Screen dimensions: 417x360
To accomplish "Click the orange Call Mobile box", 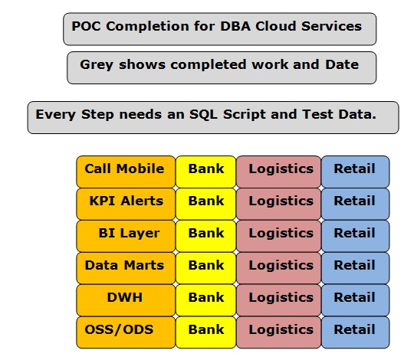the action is pyautogui.click(x=126, y=172).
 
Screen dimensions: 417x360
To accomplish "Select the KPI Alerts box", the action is pyautogui.click(x=126, y=204).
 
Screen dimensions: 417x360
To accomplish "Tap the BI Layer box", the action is pyautogui.click(x=126, y=236).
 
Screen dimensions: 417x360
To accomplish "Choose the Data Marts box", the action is pyautogui.click(x=126, y=268).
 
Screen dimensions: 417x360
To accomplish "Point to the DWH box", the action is pyautogui.click(x=126, y=300).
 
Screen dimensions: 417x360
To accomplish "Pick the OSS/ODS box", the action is pyautogui.click(x=126, y=332).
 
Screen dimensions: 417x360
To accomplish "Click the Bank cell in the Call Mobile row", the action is pyautogui.click(x=206, y=172).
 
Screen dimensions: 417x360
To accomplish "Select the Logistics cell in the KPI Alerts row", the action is pyautogui.click(x=279, y=204).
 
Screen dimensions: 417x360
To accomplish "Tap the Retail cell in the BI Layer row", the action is pyautogui.click(x=356, y=236).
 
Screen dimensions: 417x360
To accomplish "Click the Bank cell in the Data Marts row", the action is pyautogui.click(x=206, y=268).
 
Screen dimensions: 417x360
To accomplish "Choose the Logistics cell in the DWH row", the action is pyautogui.click(x=279, y=300).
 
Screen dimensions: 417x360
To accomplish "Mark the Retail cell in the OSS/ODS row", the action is pyautogui.click(x=356, y=332).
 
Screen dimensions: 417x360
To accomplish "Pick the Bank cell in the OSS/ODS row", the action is pyautogui.click(x=206, y=332).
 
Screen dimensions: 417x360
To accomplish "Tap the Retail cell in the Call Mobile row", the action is pyautogui.click(x=356, y=172).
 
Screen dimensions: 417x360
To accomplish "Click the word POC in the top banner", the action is pyautogui.click(x=86, y=26).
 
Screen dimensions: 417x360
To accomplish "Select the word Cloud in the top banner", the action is pyautogui.click(x=276, y=26).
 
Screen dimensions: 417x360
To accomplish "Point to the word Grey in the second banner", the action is pyautogui.click(x=97, y=65).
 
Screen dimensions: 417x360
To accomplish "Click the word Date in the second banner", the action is pyautogui.click(x=342, y=64).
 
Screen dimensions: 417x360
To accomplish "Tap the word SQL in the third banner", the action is pyautogui.click(x=203, y=114).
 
